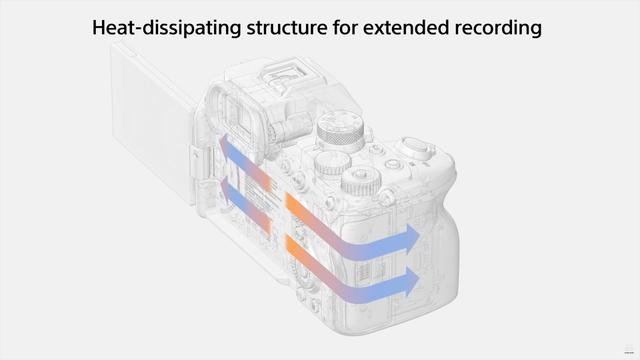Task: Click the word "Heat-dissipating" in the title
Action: click(166, 28)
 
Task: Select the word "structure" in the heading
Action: click(287, 28)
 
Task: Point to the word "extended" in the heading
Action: click(406, 27)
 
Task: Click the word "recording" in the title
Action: click(498, 28)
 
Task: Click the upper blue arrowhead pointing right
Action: click(410, 238)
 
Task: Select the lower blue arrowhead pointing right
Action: click(410, 281)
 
